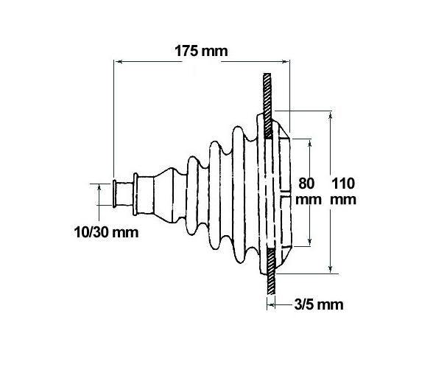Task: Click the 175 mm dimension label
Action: pyautogui.click(x=201, y=52)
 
